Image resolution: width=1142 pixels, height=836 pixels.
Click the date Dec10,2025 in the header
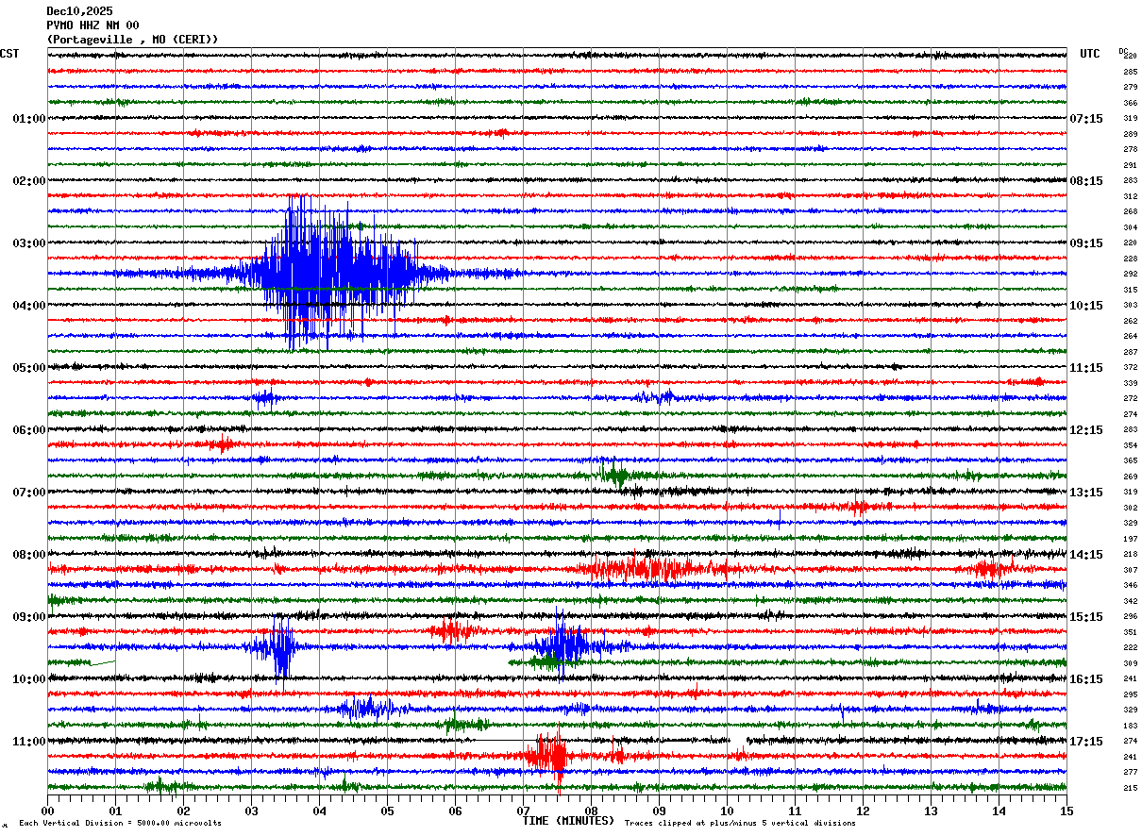click(x=79, y=11)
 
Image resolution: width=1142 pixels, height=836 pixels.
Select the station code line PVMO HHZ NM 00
click(x=92, y=25)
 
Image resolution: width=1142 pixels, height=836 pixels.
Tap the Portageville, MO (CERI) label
click(x=132, y=40)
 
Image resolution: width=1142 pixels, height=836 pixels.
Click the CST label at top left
click(x=9, y=54)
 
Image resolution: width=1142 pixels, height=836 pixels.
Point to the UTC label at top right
click(x=1090, y=54)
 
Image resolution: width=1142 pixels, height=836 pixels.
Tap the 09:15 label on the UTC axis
click(x=1086, y=243)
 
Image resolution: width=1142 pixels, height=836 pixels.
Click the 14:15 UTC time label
click(x=1086, y=555)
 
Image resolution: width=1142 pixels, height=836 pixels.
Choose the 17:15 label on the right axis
click(x=1086, y=742)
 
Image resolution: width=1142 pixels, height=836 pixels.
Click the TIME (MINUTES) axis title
click(x=568, y=821)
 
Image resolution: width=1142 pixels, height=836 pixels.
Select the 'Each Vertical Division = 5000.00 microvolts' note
click(x=120, y=824)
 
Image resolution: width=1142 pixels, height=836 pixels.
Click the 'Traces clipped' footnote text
click(x=740, y=824)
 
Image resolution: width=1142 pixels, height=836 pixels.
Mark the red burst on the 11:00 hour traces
click(x=549, y=755)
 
